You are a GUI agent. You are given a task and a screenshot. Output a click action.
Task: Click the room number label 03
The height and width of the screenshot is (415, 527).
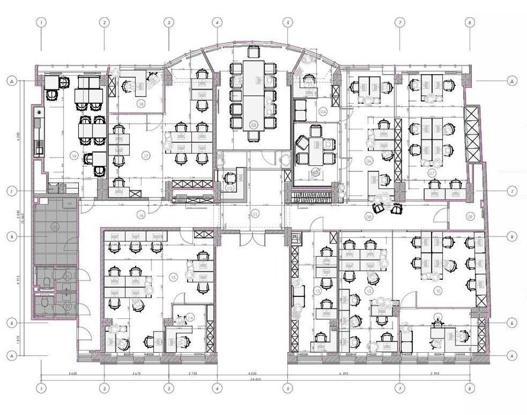tap(253, 125)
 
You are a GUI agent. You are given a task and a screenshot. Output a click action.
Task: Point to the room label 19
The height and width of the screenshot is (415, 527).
tap(73, 156)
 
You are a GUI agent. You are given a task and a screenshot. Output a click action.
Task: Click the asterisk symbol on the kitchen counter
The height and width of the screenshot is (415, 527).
tap(40, 111)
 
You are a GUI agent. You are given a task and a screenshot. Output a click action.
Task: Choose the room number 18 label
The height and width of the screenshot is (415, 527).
tap(141, 103)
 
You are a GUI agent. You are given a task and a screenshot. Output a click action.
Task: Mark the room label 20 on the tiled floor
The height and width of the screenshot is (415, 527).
tap(55, 226)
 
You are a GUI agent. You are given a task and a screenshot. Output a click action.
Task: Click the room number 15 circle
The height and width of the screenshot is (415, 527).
tap(173, 277)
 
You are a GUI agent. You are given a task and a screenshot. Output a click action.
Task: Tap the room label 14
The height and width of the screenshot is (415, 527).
tap(191, 318)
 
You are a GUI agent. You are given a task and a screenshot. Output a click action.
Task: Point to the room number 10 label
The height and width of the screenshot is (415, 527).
tap(438, 290)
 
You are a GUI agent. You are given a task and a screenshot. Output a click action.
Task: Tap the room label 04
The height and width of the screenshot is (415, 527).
tap(323, 111)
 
